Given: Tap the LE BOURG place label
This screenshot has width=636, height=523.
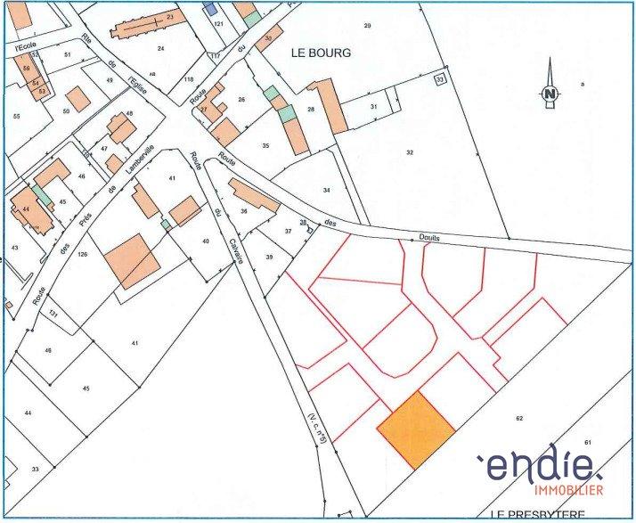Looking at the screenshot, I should pyautogui.click(x=322, y=53).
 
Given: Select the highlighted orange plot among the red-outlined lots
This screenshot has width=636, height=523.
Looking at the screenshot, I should pyautogui.click(x=416, y=429).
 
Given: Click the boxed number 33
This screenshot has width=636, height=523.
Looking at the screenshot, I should pyautogui.click(x=439, y=80).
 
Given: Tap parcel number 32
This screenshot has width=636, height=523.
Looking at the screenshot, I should pyautogui.click(x=410, y=152).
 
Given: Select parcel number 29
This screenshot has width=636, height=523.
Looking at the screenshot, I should pyautogui.click(x=367, y=26).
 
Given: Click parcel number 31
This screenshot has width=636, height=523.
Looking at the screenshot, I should pyautogui.click(x=374, y=107).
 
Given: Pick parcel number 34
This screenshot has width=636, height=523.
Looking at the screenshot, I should pyautogui.click(x=327, y=191).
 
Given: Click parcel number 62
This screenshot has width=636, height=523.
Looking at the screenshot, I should pyautogui.click(x=518, y=417).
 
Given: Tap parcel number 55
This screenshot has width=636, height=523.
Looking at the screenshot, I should pyautogui.click(x=15, y=117).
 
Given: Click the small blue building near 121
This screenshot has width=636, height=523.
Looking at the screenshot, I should pyautogui.click(x=209, y=8).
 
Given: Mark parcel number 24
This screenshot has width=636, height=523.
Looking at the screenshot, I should pyautogui.click(x=160, y=48).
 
